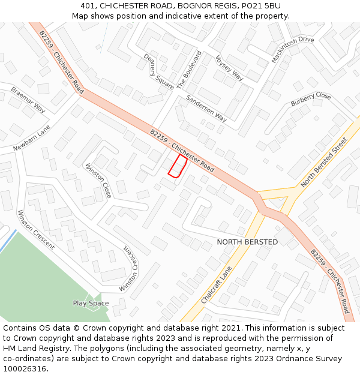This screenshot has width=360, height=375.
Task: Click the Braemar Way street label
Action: pos(28,100)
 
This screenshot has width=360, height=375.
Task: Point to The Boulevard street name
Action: pos(189,70)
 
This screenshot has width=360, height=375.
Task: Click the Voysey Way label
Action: pos(229,67)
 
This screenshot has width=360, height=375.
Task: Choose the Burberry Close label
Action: pos(311,100)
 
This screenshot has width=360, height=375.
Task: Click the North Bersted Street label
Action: pos(324,162)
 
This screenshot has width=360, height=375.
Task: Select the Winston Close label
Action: pos(98,181)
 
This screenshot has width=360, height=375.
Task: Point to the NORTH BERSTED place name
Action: pos(247,242)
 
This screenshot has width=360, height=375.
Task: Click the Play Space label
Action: pos(91,303)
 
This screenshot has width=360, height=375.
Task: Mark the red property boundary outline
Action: pos(178,166)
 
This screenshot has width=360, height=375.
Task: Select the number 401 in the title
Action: pos(88,6)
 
